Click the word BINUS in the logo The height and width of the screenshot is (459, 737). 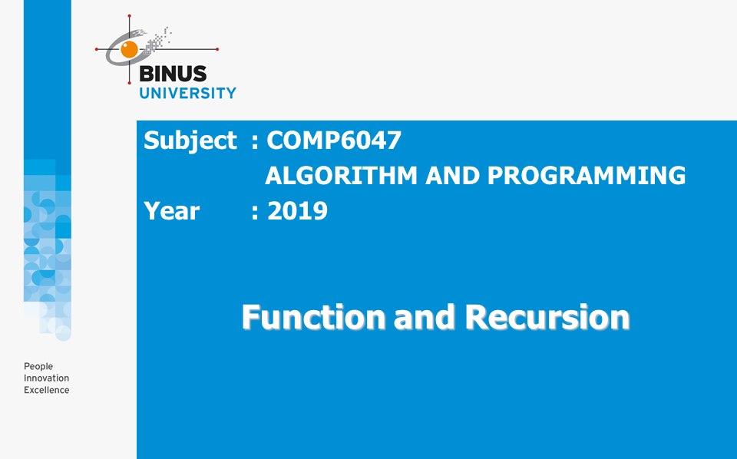(173, 74)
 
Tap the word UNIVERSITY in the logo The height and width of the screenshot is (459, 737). (187, 93)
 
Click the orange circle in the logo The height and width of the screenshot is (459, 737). (129, 49)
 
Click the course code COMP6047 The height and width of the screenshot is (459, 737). (334, 140)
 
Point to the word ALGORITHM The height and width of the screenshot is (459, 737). (341, 176)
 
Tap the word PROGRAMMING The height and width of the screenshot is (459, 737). (587, 176)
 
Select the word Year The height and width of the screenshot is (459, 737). (171, 211)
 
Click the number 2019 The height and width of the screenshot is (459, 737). (298, 211)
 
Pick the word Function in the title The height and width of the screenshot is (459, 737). (313, 317)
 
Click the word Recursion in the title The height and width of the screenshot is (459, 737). (547, 317)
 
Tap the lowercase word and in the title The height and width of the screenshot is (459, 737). (425, 317)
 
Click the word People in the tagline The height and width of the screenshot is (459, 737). (38, 366)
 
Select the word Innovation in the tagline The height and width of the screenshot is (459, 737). (47, 378)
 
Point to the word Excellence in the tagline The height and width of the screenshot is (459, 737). (47, 390)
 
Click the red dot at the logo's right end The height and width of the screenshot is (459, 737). (217, 49)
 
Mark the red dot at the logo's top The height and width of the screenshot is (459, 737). (129, 16)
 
